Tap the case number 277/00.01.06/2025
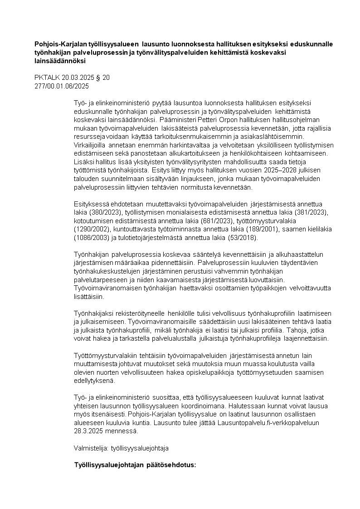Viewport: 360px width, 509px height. [62, 85]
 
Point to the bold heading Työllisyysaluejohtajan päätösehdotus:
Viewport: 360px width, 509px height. [135, 465]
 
